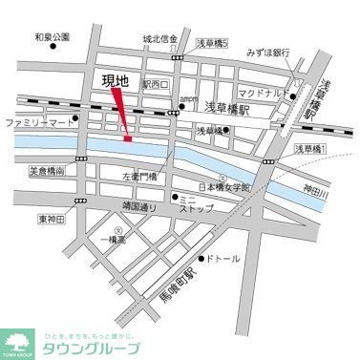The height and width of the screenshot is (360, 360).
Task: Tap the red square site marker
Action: coord(128,139)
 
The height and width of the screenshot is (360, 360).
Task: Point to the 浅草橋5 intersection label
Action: coord(212,42)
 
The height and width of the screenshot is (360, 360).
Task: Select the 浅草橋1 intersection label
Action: coord(309,150)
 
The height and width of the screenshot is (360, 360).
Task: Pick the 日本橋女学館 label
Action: coord(222,187)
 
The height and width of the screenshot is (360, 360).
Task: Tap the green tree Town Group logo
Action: coord(18,341)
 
